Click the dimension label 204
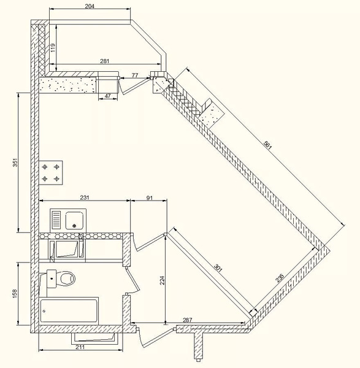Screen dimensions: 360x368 click(90, 6)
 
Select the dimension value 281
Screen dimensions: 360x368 click(105, 61)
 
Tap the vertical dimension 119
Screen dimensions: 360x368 click(53, 48)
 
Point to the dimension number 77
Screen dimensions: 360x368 click(135, 75)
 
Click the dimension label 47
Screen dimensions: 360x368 click(107, 96)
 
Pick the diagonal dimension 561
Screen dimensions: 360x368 click(267, 145)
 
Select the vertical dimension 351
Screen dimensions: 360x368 click(15, 163)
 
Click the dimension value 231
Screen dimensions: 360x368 click(85, 197)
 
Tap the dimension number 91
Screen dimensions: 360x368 click(150, 198)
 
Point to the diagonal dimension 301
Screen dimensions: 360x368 click(218, 268)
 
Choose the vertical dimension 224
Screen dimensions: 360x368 click(162, 280)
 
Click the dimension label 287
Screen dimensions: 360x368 click(187, 320)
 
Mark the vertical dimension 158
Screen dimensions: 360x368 click(15, 294)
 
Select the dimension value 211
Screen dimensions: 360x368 click(80, 347)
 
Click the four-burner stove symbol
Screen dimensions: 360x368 click(51, 173)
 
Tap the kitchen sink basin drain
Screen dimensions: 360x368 click(75, 226)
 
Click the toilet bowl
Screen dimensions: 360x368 click(67, 278)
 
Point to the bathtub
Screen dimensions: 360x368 click(69, 311)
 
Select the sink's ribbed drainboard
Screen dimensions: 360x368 click(56, 220)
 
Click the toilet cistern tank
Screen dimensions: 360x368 click(52, 278)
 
